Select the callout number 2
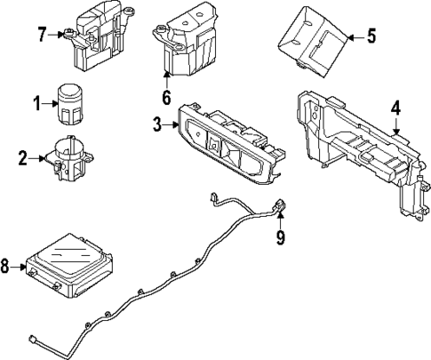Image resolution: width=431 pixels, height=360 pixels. pos(22,159)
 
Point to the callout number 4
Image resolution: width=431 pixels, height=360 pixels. pos(395,108)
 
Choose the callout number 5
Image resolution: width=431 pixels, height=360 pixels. pos(371,36)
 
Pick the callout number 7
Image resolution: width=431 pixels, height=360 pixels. pos(41,35)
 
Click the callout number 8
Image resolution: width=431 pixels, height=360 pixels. pos(8,265)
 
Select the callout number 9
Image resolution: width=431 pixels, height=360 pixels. pos(280,237)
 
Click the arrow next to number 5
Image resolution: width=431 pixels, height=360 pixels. pos(354,36)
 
